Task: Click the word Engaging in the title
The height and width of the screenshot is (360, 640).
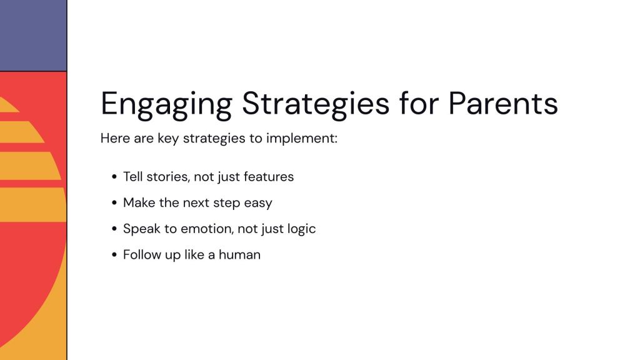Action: pyautogui.click(x=166, y=105)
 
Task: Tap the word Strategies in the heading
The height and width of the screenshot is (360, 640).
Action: pyautogui.click(x=316, y=105)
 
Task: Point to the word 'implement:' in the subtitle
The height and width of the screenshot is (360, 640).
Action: pyautogui.click(x=302, y=139)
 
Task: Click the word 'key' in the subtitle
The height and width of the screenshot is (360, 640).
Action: pyautogui.click(x=168, y=139)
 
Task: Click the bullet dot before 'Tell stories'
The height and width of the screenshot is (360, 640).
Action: pyautogui.click(x=114, y=177)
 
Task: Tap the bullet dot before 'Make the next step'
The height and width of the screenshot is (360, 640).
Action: pyautogui.click(x=114, y=203)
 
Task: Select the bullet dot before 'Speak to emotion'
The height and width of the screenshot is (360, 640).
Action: pyautogui.click(x=114, y=229)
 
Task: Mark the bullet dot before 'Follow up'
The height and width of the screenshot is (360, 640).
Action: pyautogui.click(x=114, y=255)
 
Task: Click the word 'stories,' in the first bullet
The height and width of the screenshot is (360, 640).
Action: pyautogui.click(x=167, y=177)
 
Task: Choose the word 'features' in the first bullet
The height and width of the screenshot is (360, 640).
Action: pyautogui.click(x=269, y=177)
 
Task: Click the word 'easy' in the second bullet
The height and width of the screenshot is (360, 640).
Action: pyautogui.click(x=258, y=203)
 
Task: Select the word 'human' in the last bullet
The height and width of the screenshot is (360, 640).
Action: pyautogui.click(x=239, y=255)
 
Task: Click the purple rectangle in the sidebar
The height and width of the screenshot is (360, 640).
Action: pyautogui.click(x=33, y=36)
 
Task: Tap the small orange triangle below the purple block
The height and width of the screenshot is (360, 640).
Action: pyautogui.click(x=7, y=105)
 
